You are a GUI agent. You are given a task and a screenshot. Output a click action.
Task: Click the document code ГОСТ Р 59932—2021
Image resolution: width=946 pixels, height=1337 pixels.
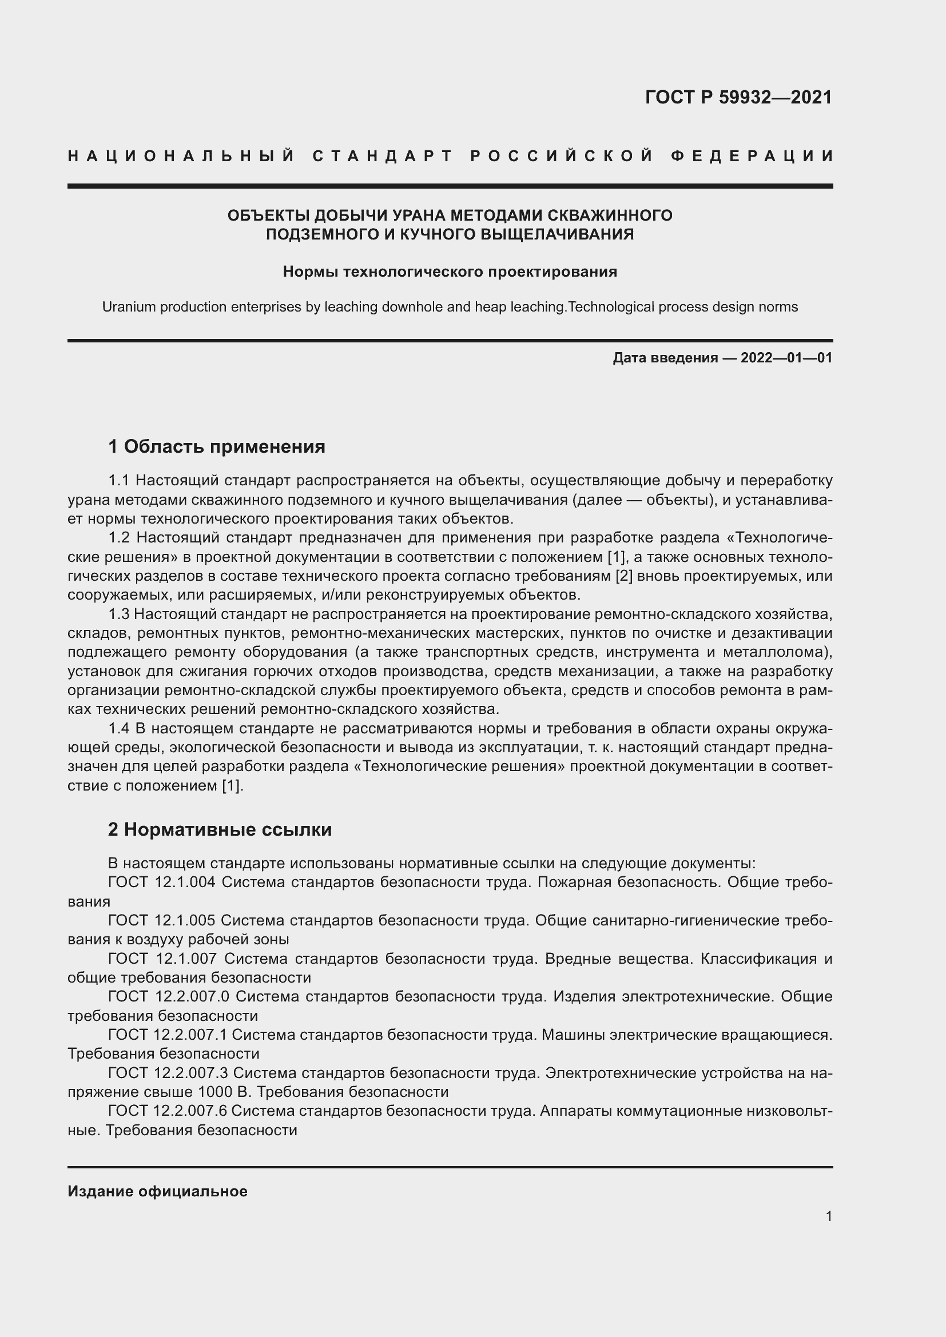pyautogui.click(x=738, y=97)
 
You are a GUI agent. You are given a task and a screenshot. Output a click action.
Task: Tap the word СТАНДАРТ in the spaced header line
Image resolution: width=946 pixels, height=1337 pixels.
pyautogui.click(x=383, y=156)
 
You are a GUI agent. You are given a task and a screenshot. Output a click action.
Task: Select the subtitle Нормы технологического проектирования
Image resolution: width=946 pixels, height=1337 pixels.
pyautogui.click(x=450, y=272)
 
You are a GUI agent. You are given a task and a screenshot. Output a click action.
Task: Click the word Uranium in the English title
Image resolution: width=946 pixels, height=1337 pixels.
pyautogui.click(x=128, y=307)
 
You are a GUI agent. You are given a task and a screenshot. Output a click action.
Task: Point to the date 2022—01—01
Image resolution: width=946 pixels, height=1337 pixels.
pyautogui.click(x=786, y=357)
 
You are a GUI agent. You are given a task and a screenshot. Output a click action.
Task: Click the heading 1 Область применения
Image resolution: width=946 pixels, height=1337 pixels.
pyautogui.click(x=216, y=446)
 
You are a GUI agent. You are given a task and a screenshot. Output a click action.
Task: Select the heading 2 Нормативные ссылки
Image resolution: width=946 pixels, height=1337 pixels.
pyautogui.click(x=220, y=829)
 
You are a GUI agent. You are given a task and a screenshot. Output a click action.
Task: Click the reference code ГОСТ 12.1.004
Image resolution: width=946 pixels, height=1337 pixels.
pyautogui.click(x=161, y=882)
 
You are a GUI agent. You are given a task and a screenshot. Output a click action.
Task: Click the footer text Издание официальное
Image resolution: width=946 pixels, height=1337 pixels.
pyautogui.click(x=157, y=1191)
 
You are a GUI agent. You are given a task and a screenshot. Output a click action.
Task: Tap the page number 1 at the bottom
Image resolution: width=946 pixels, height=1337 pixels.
pyautogui.click(x=829, y=1216)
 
